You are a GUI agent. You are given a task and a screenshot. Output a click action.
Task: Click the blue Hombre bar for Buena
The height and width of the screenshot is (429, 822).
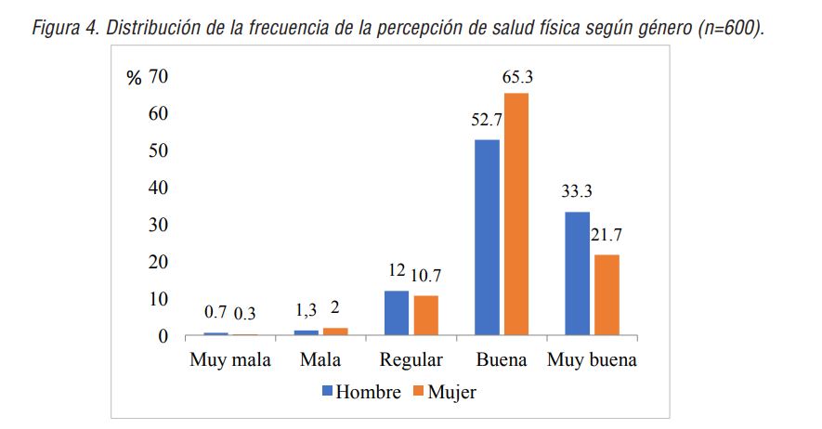487,237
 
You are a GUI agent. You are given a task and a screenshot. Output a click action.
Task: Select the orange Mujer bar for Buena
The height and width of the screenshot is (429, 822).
516,214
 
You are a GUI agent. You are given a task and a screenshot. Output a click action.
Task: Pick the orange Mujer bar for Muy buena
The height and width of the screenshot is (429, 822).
607,294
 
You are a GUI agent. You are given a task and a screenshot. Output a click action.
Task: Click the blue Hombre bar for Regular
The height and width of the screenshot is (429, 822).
396,312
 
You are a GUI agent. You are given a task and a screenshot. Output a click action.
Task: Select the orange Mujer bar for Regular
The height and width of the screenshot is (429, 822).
425,315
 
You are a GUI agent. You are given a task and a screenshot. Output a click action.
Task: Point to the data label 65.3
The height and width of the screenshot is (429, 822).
519,80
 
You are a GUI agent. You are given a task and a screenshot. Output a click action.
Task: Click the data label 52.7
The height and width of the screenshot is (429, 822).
487,122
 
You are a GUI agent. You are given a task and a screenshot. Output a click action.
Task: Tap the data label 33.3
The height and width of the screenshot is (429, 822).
578,193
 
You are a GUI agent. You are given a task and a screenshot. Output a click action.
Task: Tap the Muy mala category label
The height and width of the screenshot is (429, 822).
229,360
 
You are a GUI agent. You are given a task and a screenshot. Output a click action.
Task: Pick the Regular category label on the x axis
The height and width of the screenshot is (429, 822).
411,360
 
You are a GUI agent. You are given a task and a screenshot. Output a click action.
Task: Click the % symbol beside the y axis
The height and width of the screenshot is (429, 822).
135,78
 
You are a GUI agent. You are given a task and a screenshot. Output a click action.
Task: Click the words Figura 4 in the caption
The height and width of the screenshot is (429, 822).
66,27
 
